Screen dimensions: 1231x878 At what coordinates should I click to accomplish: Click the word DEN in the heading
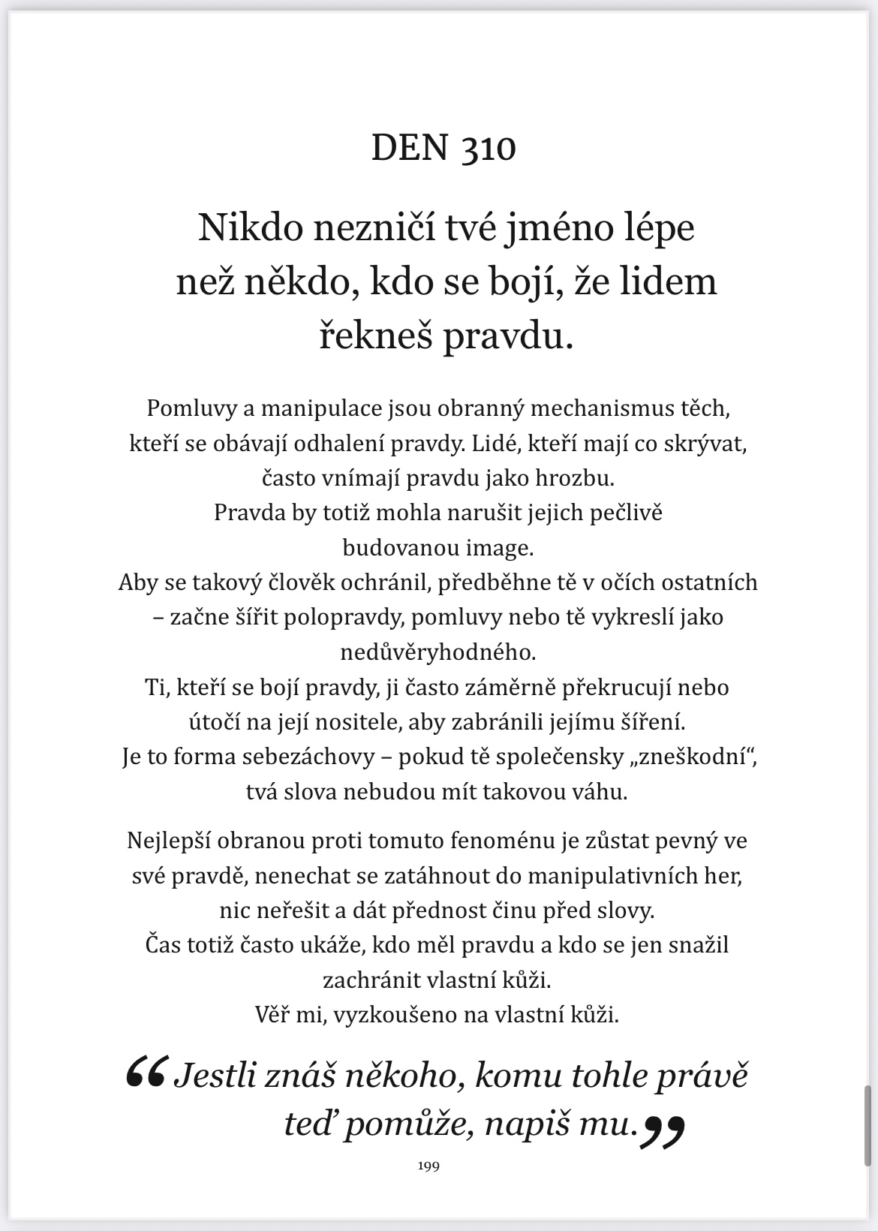pyautogui.click(x=410, y=148)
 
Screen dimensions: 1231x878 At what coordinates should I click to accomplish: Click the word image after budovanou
pyautogui.click(x=499, y=548)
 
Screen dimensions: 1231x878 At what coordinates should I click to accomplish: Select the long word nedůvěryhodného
pyautogui.click(x=438, y=652)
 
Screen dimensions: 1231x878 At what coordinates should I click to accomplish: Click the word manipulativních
pyautogui.click(x=615, y=876)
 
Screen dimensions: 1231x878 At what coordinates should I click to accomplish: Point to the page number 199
pyautogui.click(x=428, y=1166)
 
